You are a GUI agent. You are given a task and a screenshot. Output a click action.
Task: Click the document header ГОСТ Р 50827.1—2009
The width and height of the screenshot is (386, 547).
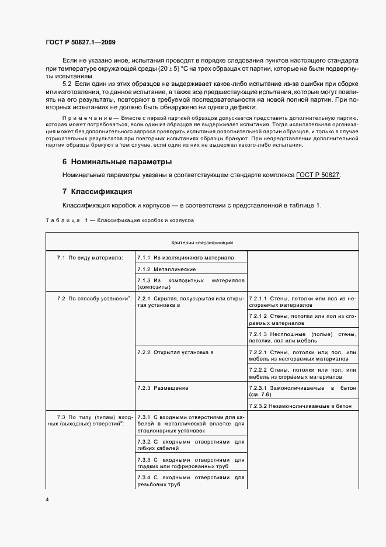point(84,42)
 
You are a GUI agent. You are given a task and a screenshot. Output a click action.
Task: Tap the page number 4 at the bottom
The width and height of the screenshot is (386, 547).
point(47,500)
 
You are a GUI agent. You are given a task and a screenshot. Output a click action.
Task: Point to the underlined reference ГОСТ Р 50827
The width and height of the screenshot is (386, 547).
point(318,175)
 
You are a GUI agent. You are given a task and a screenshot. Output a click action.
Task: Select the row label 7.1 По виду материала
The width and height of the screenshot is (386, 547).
point(90,257)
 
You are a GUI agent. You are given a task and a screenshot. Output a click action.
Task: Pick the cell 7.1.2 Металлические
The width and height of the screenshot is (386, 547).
point(166,269)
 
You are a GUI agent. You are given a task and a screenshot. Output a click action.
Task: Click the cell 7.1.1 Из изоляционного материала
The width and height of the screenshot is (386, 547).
point(185,257)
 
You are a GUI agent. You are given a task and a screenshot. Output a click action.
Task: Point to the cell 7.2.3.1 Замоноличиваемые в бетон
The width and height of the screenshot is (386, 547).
point(302,391)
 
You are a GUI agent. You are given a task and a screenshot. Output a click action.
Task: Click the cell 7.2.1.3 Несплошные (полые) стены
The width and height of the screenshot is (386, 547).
point(302,337)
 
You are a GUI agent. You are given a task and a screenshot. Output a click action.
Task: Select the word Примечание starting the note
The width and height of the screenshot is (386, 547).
point(83,117)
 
